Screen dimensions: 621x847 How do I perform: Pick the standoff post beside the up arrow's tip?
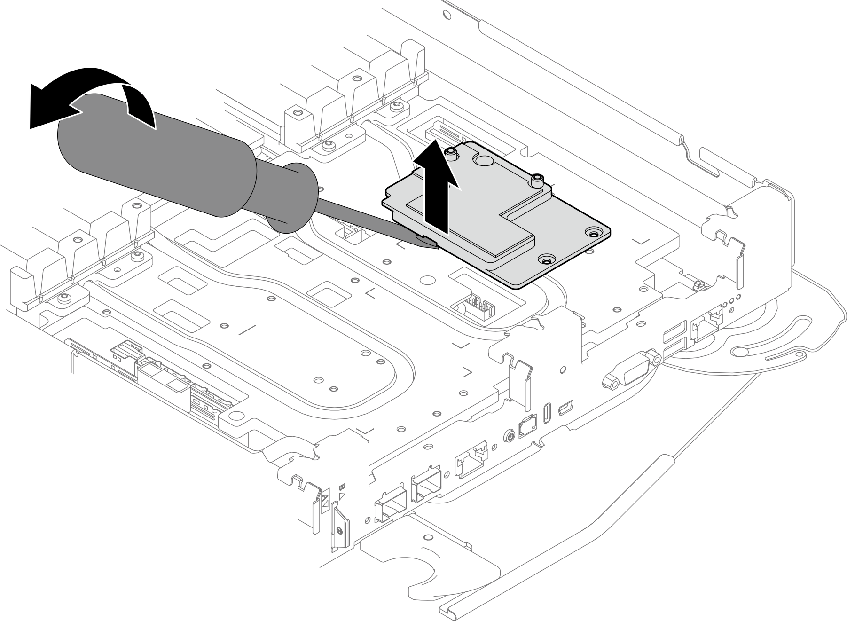[x=451, y=152]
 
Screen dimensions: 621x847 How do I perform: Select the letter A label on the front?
[x=325, y=500]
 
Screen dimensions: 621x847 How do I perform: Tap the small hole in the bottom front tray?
[x=427, y=537]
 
